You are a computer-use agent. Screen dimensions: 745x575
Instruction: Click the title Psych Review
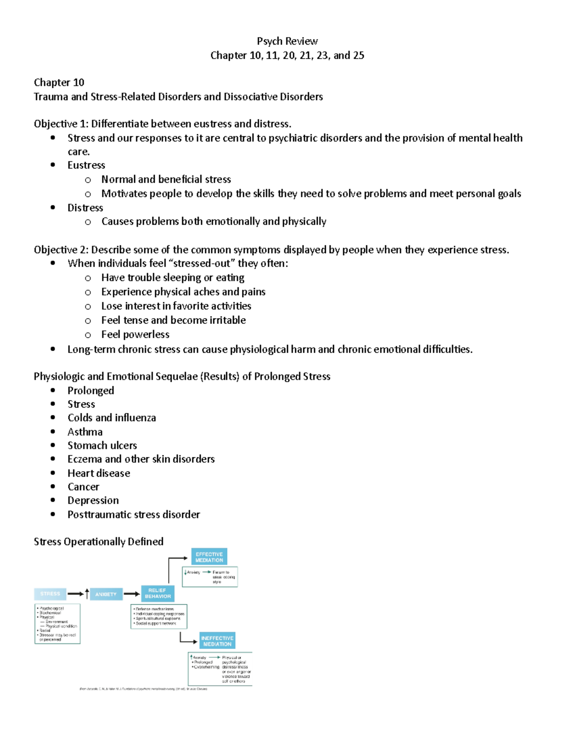click(x=287, y=41)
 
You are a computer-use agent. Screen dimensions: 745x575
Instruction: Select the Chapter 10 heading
click(x=59, y=83)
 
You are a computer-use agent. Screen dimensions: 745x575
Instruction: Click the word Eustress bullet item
click(x=86, y=166)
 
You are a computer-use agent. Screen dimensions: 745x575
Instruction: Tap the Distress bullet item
click(x=85, y=208)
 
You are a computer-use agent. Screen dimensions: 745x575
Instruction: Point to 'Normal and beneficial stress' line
click(x=166, y=179)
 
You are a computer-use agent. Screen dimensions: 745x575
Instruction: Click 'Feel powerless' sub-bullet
click(x=135, y=334)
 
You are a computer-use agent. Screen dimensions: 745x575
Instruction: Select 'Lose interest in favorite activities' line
click(x=176, y=306)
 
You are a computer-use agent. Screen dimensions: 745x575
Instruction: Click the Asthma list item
click(x=85, y=432)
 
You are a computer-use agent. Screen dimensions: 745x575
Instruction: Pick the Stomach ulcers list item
click(x=102, y=446)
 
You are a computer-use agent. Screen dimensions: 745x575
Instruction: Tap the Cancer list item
click(x=83, y=487)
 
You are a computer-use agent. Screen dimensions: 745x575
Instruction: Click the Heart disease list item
click(x=99, y=473)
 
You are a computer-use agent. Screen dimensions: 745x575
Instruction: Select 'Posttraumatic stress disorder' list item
click(x=134, y=515)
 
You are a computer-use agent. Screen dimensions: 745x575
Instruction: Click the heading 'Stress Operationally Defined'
click(x=99, y=542)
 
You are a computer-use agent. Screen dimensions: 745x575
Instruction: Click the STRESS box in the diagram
click(x=50, y=594)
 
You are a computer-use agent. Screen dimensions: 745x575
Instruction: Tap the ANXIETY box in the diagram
click(x=106, y=594)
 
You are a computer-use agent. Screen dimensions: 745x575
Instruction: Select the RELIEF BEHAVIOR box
click(x=158, y=593)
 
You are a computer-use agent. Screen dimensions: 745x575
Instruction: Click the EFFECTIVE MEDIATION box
click(x=209, y=557)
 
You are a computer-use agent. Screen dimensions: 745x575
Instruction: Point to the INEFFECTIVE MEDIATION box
click(x=218, y=641)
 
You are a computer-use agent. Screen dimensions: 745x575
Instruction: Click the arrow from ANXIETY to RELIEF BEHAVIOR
click(x=132, y=594)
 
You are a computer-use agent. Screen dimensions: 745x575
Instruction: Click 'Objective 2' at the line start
click(x=60, y=250)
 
